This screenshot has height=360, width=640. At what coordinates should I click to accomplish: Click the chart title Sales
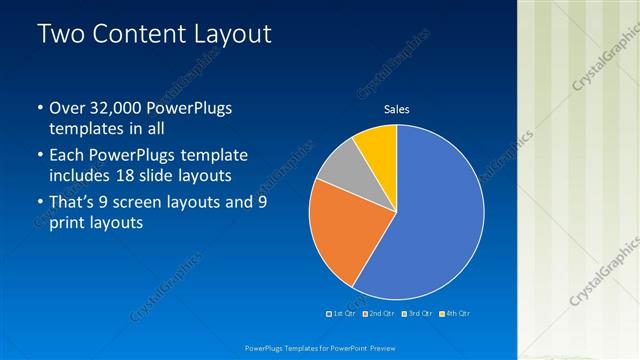[397, 110]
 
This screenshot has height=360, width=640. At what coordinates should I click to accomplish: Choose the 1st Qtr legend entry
[343, 313]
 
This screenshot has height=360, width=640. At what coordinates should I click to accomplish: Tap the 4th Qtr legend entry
[456, 313]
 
